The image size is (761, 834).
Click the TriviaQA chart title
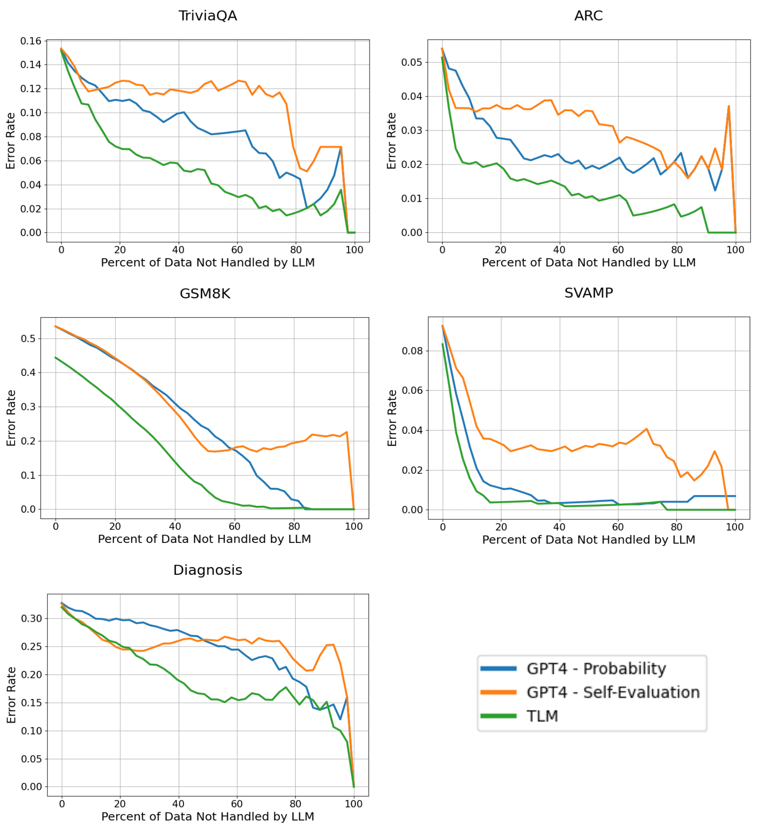[x=208, y=16]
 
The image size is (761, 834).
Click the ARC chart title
[x=588, y=16]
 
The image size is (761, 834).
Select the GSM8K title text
[x=205, y=293]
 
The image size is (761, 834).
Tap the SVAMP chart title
[x=588, y=292]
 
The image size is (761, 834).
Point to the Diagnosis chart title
[x=208, y=570]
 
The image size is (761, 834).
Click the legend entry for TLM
[x=542, y=716]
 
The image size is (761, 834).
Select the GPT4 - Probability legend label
[x=596, y=668]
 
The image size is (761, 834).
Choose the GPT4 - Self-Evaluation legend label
[x=612, y=692]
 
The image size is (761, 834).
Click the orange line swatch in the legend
[x=498, y=692]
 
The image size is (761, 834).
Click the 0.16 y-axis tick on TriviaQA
[x=31, y=41]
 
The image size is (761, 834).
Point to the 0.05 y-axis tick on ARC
[x=411, y=63]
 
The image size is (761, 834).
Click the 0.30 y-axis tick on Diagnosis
[x=31, y=618]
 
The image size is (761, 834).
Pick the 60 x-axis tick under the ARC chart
[x=618, y=250]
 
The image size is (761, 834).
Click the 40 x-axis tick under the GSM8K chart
[x=175, y=526]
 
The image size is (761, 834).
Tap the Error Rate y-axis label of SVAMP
[x=391, y=418]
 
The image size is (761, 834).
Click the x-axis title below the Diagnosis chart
[x=208, y=816]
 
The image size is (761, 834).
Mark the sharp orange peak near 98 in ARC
[x=729, y=107]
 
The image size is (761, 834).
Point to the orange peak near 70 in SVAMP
[x=646, y=429]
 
